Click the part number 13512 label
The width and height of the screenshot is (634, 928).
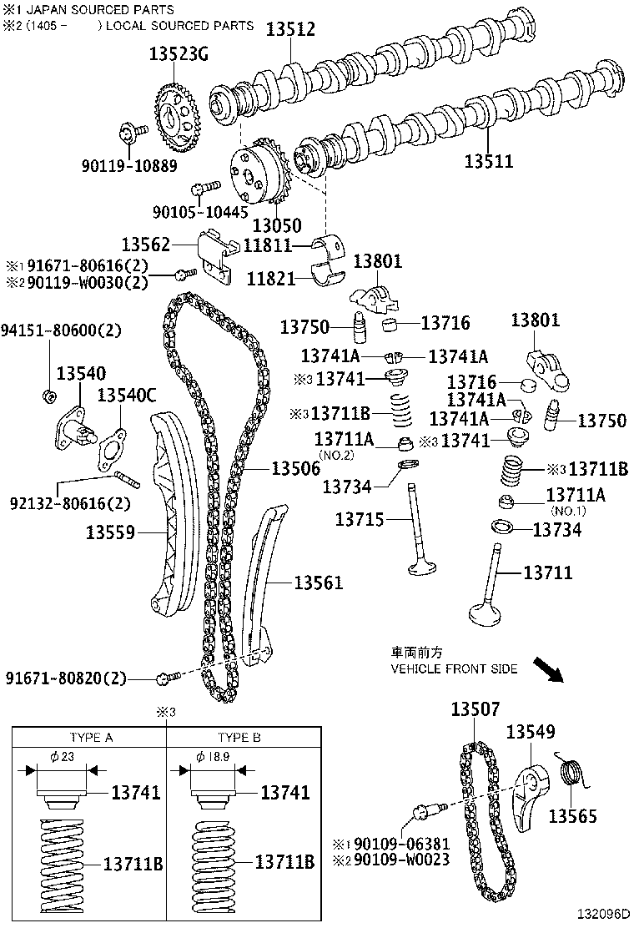[x=290, y=29]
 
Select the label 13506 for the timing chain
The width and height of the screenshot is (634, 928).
[x=295, y=470]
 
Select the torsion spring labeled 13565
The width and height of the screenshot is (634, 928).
[x=571, y=772]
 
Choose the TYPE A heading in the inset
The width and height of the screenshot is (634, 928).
[x=89, y=738]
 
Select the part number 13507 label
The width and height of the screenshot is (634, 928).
[x=475, y=709]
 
